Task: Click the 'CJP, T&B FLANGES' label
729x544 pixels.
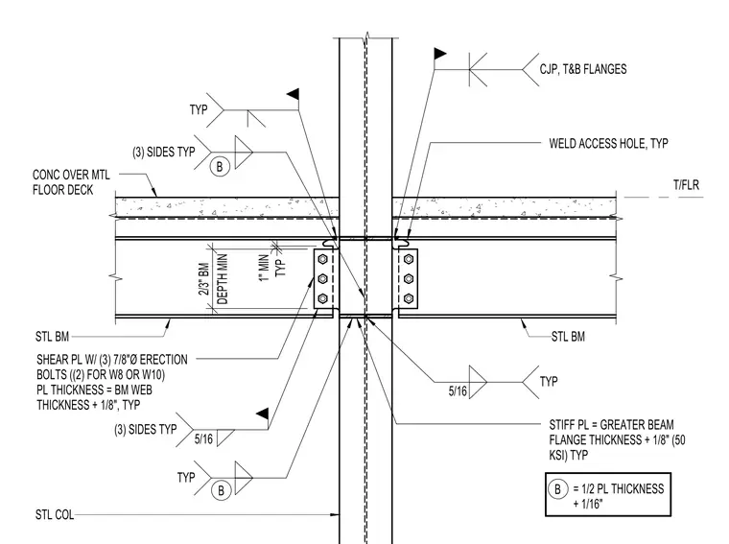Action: (583, 69)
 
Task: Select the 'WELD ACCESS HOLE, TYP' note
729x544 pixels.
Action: (608, 143)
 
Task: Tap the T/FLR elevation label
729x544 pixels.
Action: (686, 185)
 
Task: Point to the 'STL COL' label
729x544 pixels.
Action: (55, 514)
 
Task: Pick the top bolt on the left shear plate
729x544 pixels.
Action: (322, 259)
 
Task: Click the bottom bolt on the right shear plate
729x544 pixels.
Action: (409, 298)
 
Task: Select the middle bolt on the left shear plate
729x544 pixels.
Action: (322, 279)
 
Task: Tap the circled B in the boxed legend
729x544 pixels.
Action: (557, 489)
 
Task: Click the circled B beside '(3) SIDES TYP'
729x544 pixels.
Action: (220, 166)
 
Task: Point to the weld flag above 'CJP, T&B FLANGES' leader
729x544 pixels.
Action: (440, 54)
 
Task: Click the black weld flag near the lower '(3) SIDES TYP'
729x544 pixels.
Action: (262, 414)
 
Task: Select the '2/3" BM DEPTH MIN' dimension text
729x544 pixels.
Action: (214, 279)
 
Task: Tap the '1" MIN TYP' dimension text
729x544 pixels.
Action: (272, 268)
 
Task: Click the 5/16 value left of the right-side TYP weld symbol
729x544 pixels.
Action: (458, 391)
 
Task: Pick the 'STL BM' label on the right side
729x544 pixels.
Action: (568, 337)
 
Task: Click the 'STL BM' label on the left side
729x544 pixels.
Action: (52, 336)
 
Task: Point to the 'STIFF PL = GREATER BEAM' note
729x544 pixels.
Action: (611, 424)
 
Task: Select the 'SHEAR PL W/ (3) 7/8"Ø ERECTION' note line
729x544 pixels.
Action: (112, 360)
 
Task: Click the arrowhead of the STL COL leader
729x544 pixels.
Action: (335, 514)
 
